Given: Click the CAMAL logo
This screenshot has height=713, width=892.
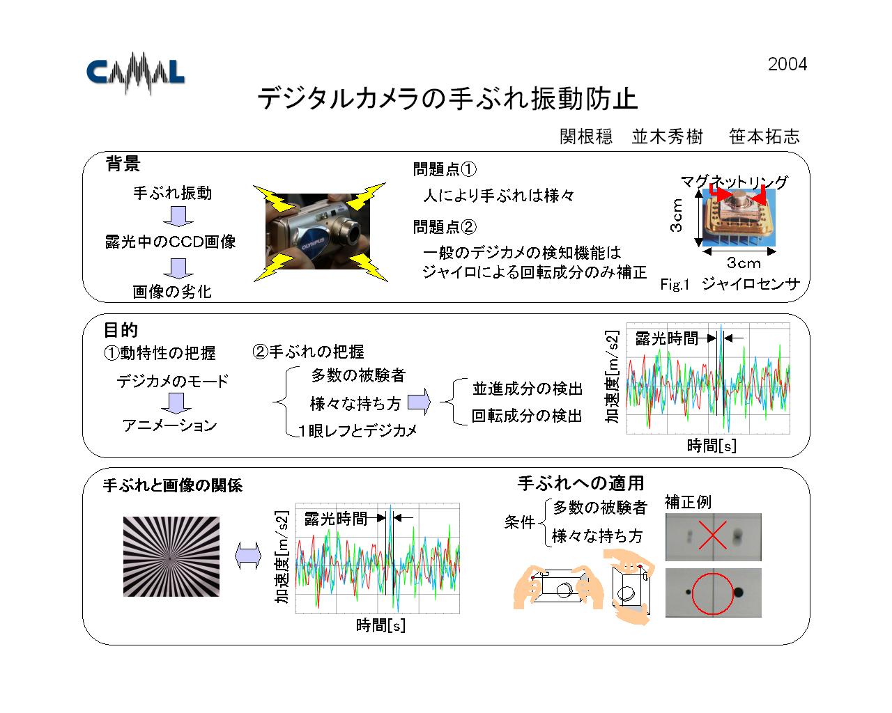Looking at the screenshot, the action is (x=135, y=74).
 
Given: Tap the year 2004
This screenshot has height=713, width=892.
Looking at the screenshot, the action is (x=787, y=64).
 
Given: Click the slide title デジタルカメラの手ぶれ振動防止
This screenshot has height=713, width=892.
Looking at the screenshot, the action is (x=447, y=99).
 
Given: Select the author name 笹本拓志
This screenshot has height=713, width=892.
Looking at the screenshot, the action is (x=764, y=136).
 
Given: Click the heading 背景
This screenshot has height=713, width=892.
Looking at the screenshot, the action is (x=123, y=164).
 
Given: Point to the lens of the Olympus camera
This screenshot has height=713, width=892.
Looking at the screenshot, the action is (x=355, y=233).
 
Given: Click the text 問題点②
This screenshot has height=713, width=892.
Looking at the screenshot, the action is (x=445, y=226).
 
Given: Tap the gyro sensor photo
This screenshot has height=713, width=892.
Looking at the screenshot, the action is (x=739, y=218).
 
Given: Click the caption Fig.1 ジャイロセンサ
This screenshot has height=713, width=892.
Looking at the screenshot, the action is (x=730, y=284).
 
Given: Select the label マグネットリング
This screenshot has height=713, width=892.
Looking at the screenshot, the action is (x=734, y=182).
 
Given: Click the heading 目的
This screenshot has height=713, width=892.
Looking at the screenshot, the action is (x=120, y=330).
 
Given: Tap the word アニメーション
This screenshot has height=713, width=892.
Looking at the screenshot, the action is (x=169, y=425).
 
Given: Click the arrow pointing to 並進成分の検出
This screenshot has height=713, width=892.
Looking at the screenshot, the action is (x=420, y=402).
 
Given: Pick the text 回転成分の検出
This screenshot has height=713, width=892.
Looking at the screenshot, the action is (x=527, y=416).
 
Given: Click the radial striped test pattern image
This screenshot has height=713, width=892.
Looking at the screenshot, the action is (x=171, y=556).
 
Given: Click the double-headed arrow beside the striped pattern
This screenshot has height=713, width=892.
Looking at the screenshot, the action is (x=248, y=556).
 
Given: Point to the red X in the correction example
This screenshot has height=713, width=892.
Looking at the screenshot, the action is (x=712, y=535).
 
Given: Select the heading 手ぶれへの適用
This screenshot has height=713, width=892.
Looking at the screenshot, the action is (x=580, y=483).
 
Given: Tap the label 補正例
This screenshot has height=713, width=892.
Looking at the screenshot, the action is (x=688, y=502).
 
